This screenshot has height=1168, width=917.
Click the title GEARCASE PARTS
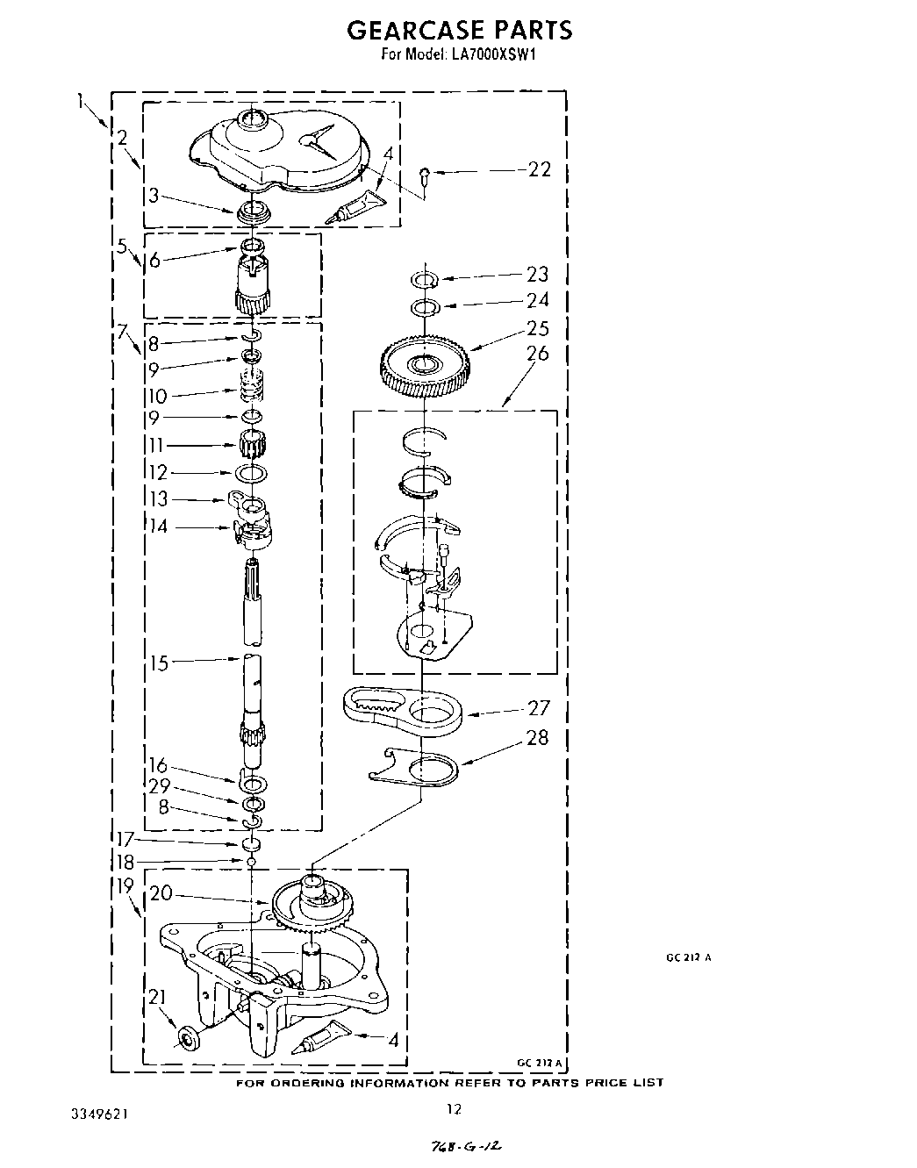click(x=459, y=31)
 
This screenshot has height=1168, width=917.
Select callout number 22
click(x=540, y=169)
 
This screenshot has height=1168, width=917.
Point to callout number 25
click(x=538, y=328)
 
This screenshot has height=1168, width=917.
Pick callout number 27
click(x=538, y=707)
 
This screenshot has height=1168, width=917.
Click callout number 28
click(x=537, y=737)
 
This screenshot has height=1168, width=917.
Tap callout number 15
click(x=158, y=663)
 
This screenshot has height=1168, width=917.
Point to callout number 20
click(x=160, y=894)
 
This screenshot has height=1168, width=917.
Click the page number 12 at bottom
click(x=453, y=1109)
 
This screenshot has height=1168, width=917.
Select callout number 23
click(x=537, y=275)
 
